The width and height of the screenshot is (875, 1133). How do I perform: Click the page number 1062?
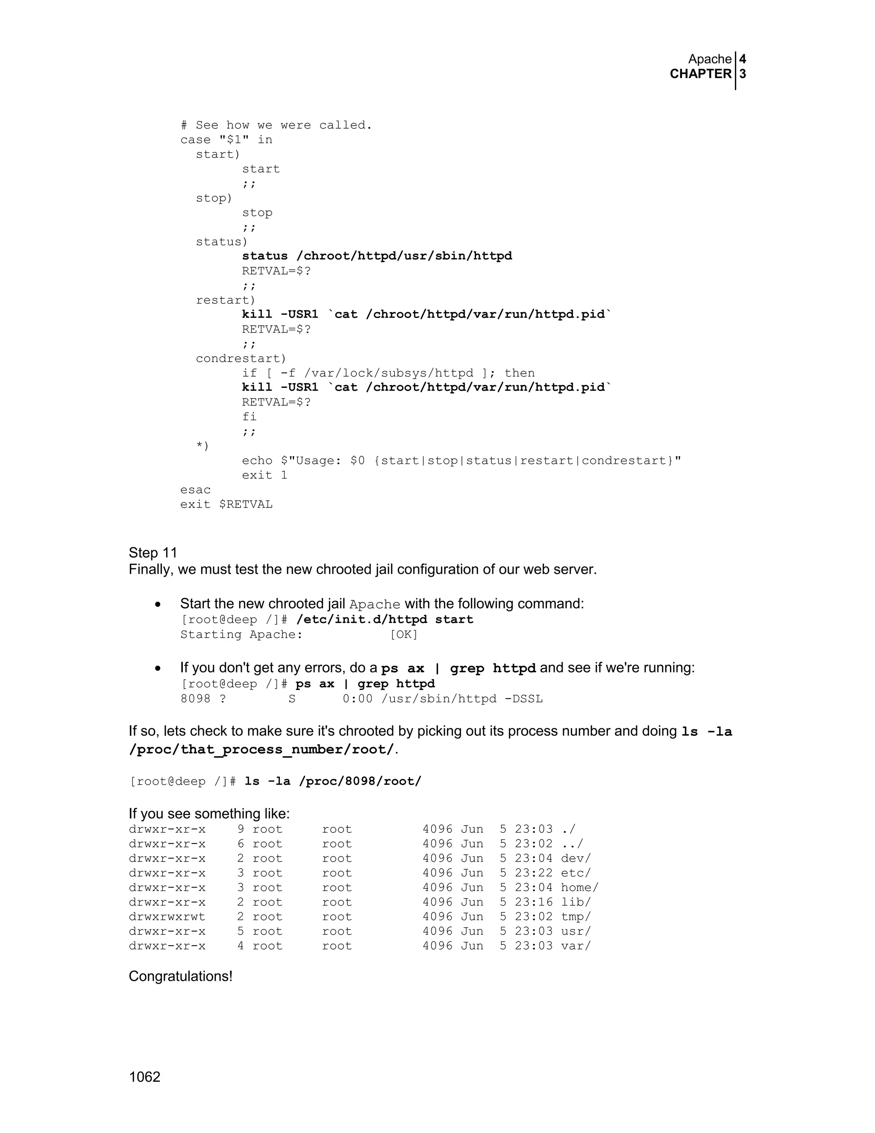tap(145, 1077)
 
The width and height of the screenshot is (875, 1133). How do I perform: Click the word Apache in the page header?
tap(710, 59)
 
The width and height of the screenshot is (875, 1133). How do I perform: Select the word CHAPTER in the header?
tap(700, 74)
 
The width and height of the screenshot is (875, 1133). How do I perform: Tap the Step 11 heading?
tap(153, 552)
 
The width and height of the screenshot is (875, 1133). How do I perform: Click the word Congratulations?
tap(180, 977)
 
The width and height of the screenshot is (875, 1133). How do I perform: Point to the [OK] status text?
tap(404, 634)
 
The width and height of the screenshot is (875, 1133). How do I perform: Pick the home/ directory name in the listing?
tap(579, 888)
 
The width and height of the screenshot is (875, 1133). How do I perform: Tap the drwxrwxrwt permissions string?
tap(167, 917)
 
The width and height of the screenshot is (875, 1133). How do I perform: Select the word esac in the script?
tap(195, 490)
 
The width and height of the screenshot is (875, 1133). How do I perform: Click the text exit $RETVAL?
tap(226, 504)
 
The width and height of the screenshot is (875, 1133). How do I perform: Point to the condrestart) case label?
tap(241, 358)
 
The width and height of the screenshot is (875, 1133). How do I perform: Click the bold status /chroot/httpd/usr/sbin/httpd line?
tap(377, 256)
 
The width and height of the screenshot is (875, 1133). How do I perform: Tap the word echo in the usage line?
tap(257, 460)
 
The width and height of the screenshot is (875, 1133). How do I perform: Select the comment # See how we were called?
tap(276, 125)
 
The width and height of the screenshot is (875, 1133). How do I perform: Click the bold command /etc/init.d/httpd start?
tap(385, 620)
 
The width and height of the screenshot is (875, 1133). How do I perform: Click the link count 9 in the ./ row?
tap(241, 829)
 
